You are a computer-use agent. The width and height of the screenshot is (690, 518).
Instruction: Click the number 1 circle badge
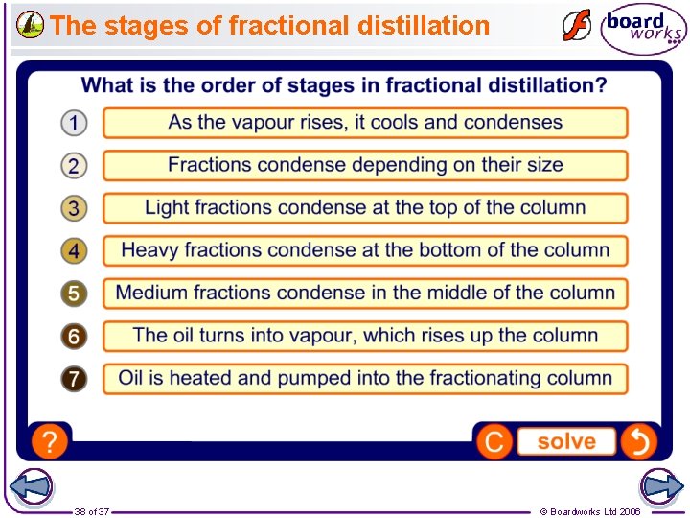(74, 123)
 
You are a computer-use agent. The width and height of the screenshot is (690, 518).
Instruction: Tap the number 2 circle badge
(74, 165)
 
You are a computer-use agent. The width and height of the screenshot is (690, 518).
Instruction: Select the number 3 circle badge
(74, 208)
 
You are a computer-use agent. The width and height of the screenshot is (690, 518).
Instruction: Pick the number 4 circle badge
(74, 250)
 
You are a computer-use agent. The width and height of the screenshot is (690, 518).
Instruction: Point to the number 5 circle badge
(74, 294)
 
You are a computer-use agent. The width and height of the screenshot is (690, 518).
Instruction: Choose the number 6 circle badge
(74, 336)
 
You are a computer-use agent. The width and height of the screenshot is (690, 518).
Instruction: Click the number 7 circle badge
(74, 378)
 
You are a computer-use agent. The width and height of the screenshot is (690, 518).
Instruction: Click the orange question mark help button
(49, 441)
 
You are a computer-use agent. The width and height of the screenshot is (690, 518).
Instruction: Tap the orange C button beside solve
(494, 442)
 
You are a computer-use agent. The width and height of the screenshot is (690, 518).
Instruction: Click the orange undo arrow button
(638, 441)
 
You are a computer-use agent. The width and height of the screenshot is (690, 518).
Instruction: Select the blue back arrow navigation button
(31, 487)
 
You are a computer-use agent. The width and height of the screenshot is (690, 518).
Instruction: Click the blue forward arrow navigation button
(660, 487)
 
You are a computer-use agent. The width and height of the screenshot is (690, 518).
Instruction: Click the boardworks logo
(643, 29)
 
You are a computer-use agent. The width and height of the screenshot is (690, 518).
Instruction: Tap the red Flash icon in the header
(576, 26)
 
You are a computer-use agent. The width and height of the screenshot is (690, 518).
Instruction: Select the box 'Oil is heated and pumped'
(365, 378)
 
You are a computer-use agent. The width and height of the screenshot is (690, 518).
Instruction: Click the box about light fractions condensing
(365, 208)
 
